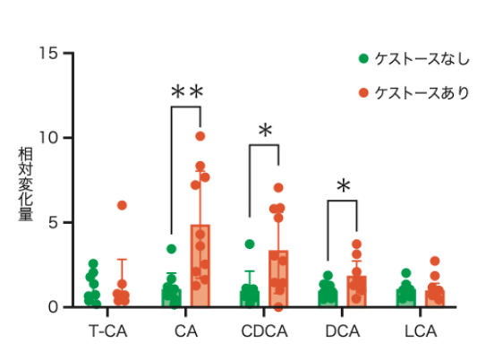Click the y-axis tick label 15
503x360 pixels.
(48, 53)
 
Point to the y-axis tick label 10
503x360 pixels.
(48, 138)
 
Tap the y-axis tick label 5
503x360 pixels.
(53, 222)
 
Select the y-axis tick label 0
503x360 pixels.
(53, 307)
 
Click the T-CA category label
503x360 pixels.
(107, 331)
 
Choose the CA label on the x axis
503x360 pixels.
(186, 331)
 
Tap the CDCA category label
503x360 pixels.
(264, 331)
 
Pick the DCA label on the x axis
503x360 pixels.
(342, 331)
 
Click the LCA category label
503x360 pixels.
(421, 331)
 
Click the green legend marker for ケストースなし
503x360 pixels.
(363, 59)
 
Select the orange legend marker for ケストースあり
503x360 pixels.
(363, 93)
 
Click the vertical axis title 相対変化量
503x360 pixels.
(25, 184)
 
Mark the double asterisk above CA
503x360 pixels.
(187, 91)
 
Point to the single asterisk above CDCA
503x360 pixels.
(265, 131)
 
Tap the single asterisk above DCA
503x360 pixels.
(344, 186)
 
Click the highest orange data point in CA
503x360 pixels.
(200, 136)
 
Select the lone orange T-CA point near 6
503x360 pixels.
(122, 205)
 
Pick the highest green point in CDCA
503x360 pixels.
(250, 244)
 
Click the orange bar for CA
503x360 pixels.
(200, 266)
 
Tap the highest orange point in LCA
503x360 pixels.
(435, 261)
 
